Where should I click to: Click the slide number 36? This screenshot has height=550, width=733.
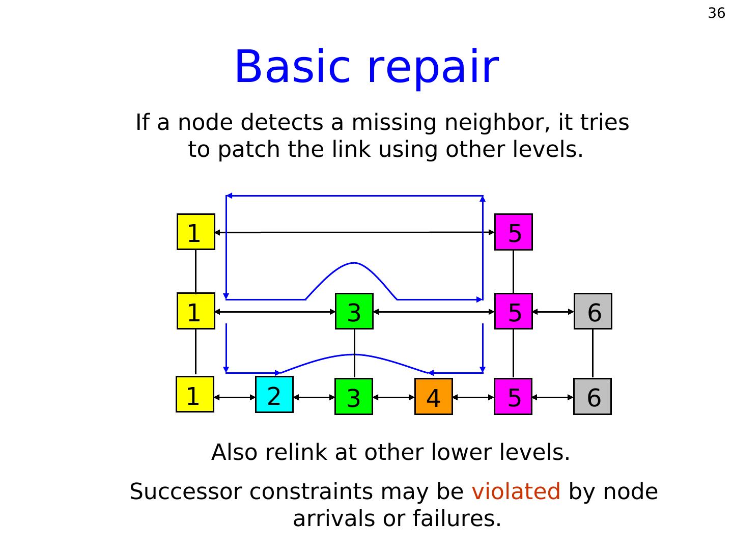[x=716, y=13]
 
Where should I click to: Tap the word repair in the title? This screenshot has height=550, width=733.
[x=432, y=67]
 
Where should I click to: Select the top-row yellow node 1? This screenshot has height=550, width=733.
[x=195, y=232]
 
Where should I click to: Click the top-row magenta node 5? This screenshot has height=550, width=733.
[x=513, y=232]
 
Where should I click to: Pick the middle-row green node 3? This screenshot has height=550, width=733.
[x=354, y=311]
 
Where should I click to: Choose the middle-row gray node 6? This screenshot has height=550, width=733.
[x=593, y=311]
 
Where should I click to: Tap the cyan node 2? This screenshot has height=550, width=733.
[x=274, y=395]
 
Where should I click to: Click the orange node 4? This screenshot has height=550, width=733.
[x=433, y=397]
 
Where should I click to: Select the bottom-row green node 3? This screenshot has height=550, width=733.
[x=354, y=397]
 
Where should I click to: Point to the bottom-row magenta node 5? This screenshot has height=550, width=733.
[x=513, y=397]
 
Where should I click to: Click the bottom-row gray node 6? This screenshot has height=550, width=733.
[x=593, y=397]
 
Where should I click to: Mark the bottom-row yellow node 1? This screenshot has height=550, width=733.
[x=195, y=394]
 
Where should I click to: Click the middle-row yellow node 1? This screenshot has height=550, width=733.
[x=195, y=311]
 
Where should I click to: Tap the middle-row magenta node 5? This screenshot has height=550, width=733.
[x=513, y=311]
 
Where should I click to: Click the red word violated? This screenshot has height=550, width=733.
[x=516, y=492]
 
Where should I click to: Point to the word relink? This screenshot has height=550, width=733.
[x=295, y=452]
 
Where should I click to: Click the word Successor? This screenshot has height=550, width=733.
[x=186, y=492]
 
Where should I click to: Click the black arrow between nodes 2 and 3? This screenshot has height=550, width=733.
[x=314, y=397]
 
